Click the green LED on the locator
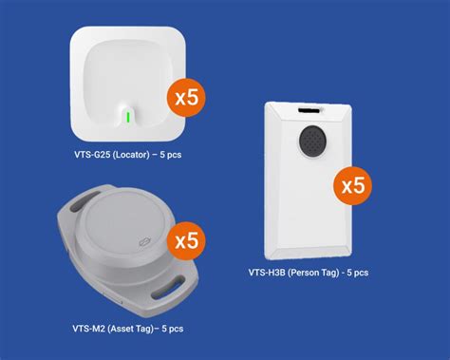[x=126, y=117]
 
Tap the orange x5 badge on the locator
[x=186, y=98]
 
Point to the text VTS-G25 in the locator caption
[x=92, y=153]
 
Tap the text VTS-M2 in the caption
[x=88, y=329]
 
